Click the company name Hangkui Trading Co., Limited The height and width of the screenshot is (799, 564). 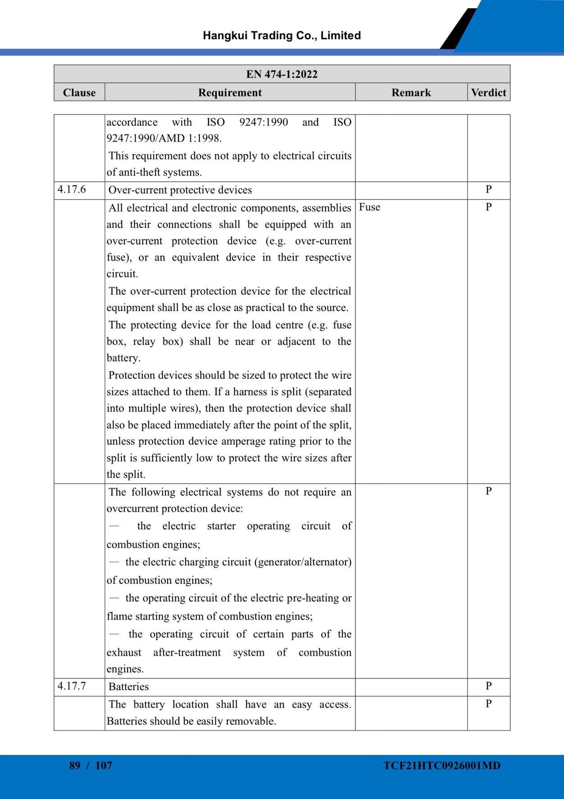(x=282, y=36)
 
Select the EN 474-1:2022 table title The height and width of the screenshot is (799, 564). (x=282, y=74)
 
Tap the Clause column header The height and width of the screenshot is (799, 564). (x=79, y=92)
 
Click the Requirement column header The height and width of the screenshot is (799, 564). (x=230, y=92)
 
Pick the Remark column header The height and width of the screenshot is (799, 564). (x=411, y=92)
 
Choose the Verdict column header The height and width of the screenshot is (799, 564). (x=488, y=92)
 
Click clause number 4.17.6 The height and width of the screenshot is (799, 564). (x=72, y=189)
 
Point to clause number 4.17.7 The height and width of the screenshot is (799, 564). (x=72, y=686)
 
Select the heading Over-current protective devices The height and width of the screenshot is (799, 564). (x=180, y=190)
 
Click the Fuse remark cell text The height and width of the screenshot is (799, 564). (x=369, y=207)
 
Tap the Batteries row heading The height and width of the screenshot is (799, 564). (x=128, y=687)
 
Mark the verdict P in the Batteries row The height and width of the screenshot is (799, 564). (x=488, y=686)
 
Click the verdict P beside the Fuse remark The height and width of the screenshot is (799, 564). (x=488, y=207)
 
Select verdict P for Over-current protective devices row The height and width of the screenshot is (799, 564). (x=488, y=189)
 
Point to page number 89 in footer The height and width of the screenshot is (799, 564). (x=75, y=765)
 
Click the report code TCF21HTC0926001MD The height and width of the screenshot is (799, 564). (x=442, y=766)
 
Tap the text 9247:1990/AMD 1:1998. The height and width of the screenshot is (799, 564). (x=164, y=138)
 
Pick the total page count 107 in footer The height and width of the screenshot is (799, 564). (x=104, y=765)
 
